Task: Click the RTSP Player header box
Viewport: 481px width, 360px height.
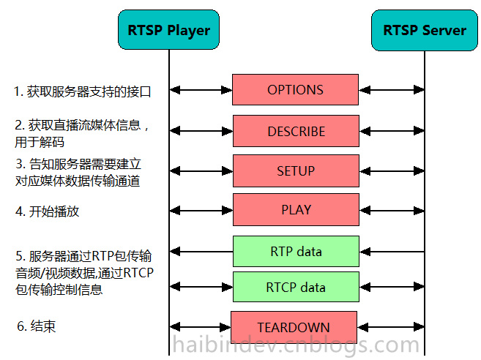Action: (168, 30)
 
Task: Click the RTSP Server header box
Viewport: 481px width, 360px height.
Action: (425, 30)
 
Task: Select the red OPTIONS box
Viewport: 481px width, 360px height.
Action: (295, 90)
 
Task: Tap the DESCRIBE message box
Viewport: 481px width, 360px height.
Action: (296, 132)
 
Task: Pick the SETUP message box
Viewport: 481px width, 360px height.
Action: (296, 171)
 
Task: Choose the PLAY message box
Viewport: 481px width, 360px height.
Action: (296, 210)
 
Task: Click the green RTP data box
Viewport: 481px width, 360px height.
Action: (296, 252)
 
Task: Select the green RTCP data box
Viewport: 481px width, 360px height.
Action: (296, 288)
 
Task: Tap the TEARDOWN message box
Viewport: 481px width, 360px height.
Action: (294, 327)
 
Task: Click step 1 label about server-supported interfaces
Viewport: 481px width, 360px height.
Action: (86, 91)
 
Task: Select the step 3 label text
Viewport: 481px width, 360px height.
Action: (78, 172)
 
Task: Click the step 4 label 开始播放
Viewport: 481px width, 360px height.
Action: (48, 211)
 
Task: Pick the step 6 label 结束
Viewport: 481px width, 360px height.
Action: (36, 326)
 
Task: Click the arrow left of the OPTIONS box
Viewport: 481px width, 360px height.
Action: (201, 90)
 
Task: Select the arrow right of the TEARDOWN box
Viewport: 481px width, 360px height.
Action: (390, 327)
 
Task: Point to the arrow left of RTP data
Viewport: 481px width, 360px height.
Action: (201, 252)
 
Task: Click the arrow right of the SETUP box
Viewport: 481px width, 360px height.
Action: (392, 171)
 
